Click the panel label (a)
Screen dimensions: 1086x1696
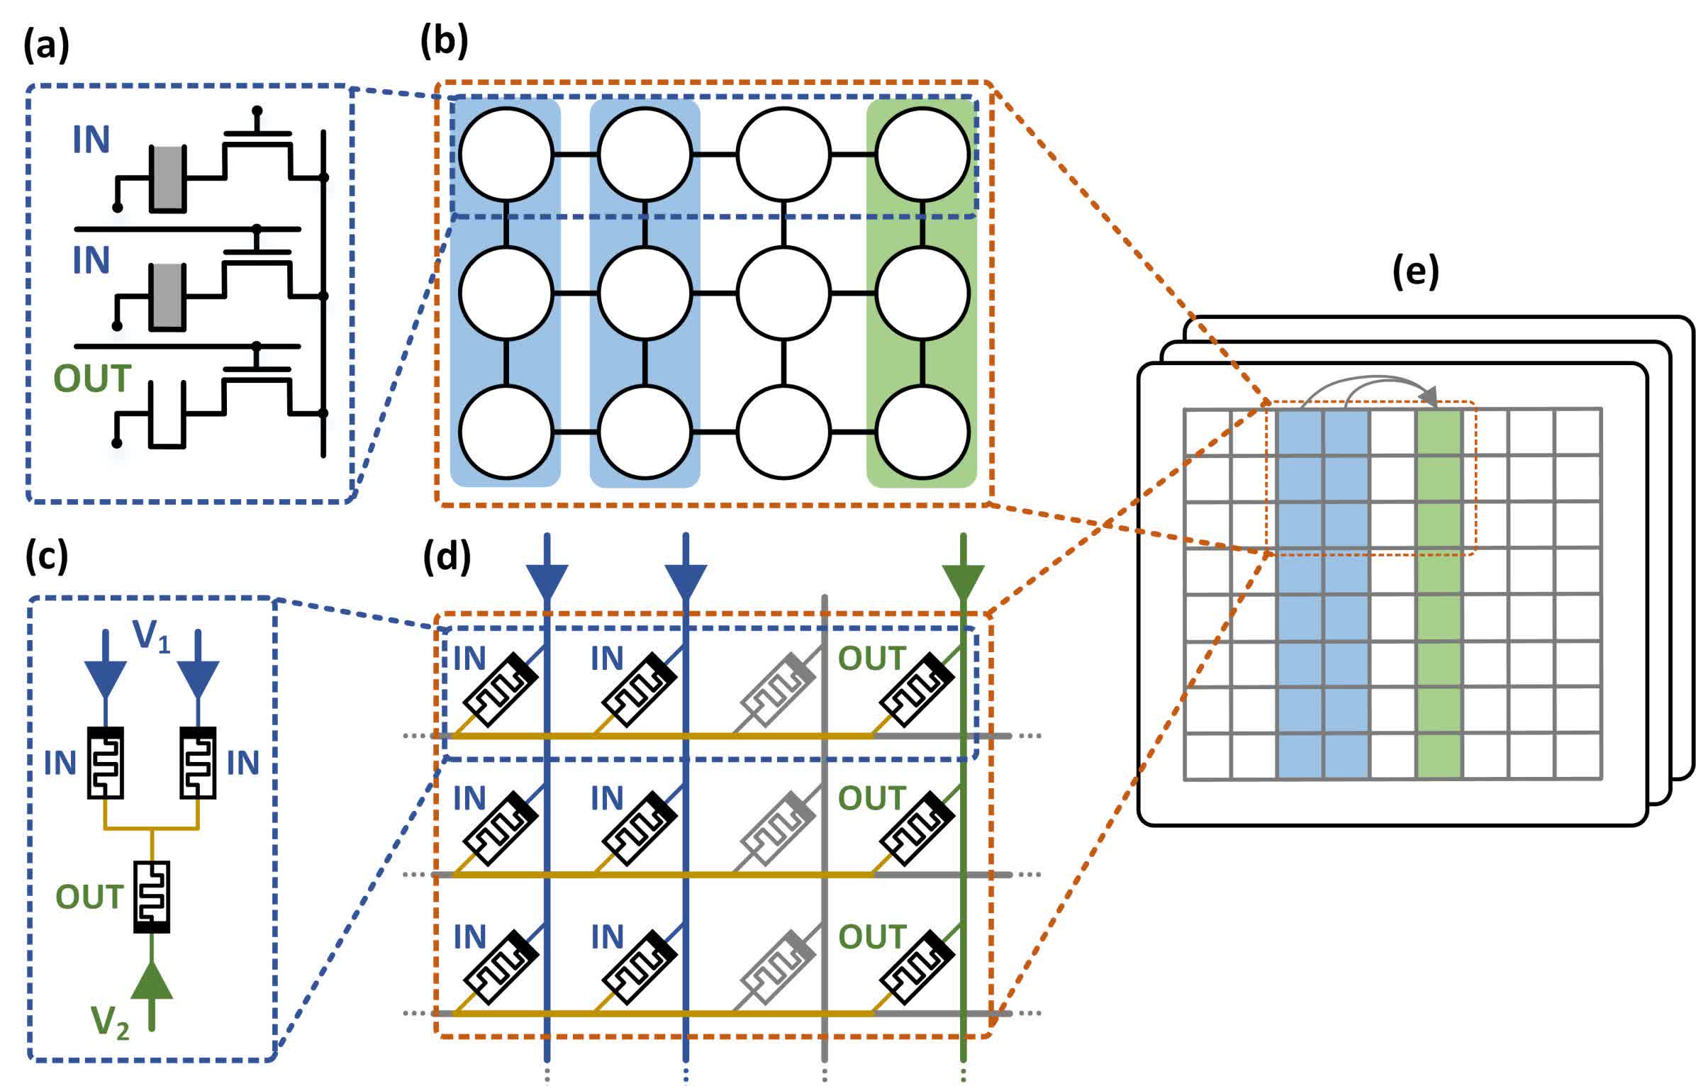[47, 46]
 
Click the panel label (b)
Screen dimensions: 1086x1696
[444, 41]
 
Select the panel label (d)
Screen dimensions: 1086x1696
[447, 556]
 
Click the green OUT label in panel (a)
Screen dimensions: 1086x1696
[92, 379]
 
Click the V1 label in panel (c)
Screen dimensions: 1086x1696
[151, 635]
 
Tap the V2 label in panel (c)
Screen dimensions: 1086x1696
[110, 1022]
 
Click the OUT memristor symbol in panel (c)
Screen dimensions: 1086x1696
[152, 897]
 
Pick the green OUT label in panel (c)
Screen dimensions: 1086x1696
[89, 897]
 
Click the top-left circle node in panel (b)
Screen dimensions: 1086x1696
[506, 155]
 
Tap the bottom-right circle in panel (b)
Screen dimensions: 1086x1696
[922, 432]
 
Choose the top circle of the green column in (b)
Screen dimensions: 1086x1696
[922, 155]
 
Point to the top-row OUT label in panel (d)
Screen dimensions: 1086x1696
[871, 659]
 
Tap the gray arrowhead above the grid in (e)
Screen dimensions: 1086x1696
[1431, 397]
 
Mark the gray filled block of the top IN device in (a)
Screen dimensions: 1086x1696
[168, 177]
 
